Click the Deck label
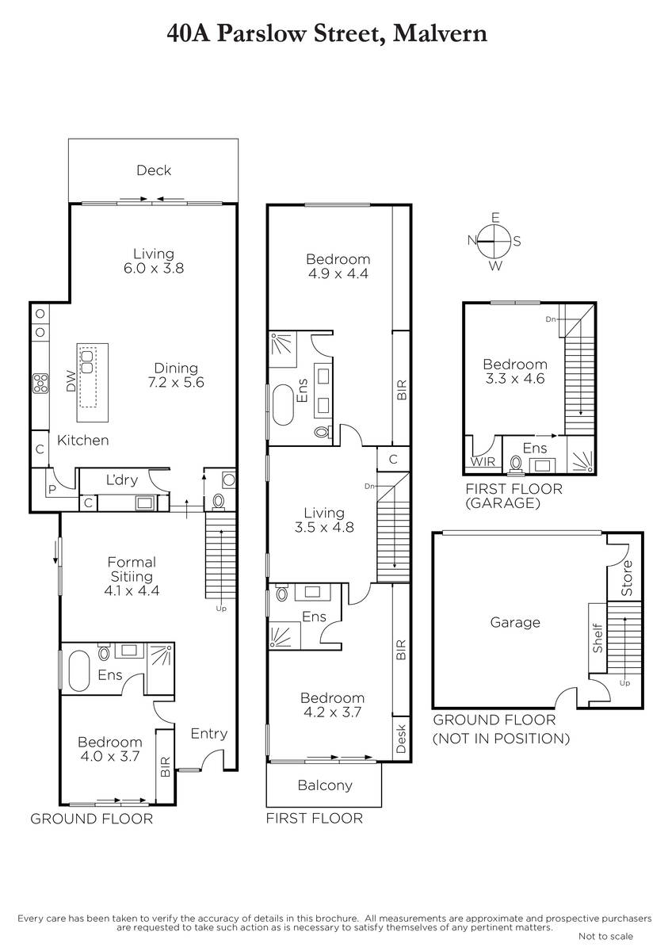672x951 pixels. pyautogui.click(x=154, y=170)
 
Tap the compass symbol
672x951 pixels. pyautogui.click(x=494, y=241)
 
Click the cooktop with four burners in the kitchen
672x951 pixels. pyautogui.click(x=40, y=383)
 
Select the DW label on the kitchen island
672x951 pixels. pyautogui.click(x=71, y=381)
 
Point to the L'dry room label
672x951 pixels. pyautogui.click(x=122, y=479)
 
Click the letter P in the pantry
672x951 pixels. pyautogui.click(x=52, y=489)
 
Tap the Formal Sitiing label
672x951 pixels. pyautogui.click(x=132, y=569)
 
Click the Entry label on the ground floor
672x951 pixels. pyautogui.click(x=209, y=733)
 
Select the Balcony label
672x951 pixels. pyautogui.click(x=325, y=785)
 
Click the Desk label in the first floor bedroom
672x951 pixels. pyautogui.click(x=401, y=739)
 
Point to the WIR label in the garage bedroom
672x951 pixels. pyautogui.click(x=483, y=461)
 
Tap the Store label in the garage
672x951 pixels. pyautogui.click(x=627, y=578)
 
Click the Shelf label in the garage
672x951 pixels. pyautogui.click(x=598, y=638)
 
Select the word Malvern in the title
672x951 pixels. pyautogui.click(x=440, y=34)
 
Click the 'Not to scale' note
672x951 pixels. pyautogui.click(x=605, y=936)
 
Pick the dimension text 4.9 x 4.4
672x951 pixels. pyautogui.click(x=338, y=273)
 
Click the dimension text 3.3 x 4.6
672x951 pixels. pyautogui.click(x=515, y=378)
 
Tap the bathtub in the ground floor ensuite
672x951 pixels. pyautogui.click(x=79, y=671)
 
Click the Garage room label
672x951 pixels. pyautogui.click(x=515, y=622)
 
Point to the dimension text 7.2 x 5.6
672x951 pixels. pyautogui.click(x=176, y=382)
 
